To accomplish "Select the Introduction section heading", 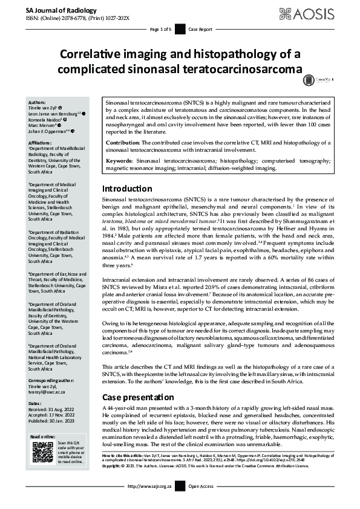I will [127, 172].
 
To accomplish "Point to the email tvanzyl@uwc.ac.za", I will [48, 391].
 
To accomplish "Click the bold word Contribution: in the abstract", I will [125, 142].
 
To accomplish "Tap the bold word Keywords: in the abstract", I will [120, 160].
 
